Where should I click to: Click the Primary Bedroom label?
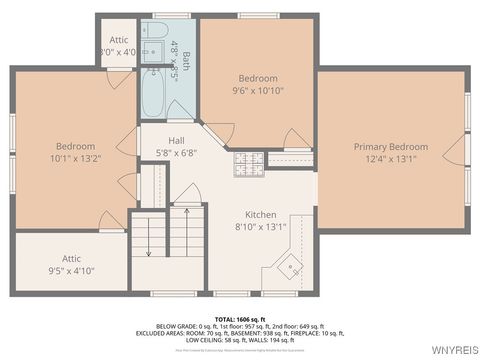point(390,146)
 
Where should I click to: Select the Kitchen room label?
point(261,214)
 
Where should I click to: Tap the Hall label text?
point(176,140)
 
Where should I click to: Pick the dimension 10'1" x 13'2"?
point(68,158)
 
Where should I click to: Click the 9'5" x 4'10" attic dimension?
point(71,270)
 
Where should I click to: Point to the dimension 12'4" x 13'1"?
point(390,158)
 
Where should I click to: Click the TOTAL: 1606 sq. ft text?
point(240,318)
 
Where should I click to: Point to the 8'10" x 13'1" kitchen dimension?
point(261,226)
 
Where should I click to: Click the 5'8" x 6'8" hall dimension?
point(176,152)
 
